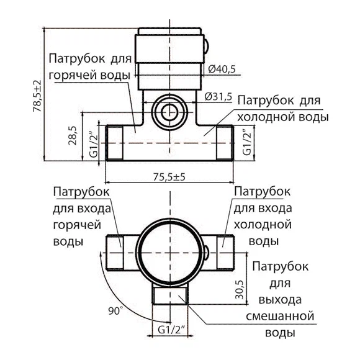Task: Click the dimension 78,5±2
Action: (37, 96)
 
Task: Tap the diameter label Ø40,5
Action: (222, 69)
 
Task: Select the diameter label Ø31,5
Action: (218, 97)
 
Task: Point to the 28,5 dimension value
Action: (73, 135)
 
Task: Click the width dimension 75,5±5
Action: (169, 177)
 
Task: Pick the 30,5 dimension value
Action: (240, 289)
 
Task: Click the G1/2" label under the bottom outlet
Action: (171, 330)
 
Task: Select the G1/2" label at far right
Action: (248, 142)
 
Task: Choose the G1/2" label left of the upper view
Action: (94, 144)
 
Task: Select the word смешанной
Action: (280, 316)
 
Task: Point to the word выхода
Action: (280, 300)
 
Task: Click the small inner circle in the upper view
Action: (169, 112)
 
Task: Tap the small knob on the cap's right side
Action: (206, 46)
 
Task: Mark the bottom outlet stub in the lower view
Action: (170, 293)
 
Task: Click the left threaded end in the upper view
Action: (115, 143)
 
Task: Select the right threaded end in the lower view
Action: (225, 252)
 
